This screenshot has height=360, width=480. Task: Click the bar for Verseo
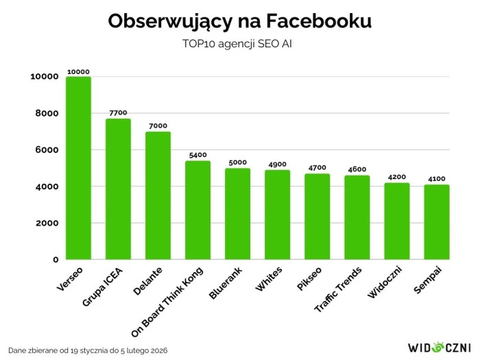click(78, 168)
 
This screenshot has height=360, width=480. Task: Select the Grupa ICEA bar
click(118, 189)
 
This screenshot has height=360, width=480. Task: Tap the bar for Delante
click(158, 195)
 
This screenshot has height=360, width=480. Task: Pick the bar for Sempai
click(437, 222)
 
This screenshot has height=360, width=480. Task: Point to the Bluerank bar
click(237, 214)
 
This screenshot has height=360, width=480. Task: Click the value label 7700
click(118, 113)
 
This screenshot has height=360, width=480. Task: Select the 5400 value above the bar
click(197, 155)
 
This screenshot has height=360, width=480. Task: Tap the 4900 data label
click(277, 165)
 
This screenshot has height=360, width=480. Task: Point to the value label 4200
click(397, 177)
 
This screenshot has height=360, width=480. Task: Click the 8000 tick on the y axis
click(44, 113)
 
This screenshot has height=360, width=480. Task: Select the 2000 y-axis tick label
click(44, 224)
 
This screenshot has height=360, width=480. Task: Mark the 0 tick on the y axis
click(56, 260)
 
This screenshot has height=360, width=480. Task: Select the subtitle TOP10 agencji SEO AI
click(240, 44)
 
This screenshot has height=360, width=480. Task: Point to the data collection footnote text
click(88, 350)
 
